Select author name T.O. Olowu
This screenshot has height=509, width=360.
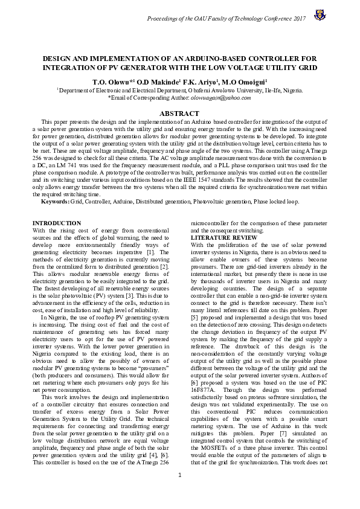[108, 80]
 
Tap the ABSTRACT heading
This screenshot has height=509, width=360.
[179, 114]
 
